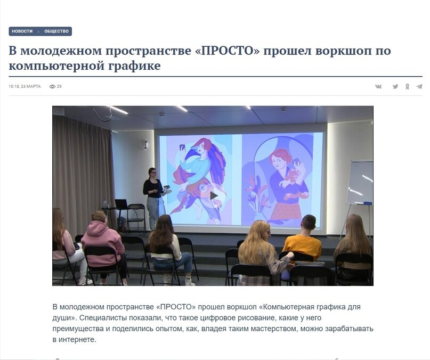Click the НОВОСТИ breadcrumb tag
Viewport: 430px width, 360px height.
point(22,31)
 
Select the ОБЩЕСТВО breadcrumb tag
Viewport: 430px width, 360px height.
point(56,31)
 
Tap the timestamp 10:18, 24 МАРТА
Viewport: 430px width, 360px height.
point(25,86)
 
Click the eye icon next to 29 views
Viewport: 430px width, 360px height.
point(52,86)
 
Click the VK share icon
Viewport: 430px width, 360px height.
point(378,86)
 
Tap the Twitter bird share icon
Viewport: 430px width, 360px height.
point(395,86)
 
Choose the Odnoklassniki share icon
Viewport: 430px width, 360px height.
point(407,86)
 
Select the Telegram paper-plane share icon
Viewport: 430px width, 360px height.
point(419,86)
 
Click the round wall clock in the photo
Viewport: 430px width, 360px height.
point(143,144)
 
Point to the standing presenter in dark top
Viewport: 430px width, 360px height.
point(153,194)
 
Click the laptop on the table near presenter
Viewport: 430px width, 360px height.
point(121,204)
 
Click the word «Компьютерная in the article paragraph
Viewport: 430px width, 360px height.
point(287,307)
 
